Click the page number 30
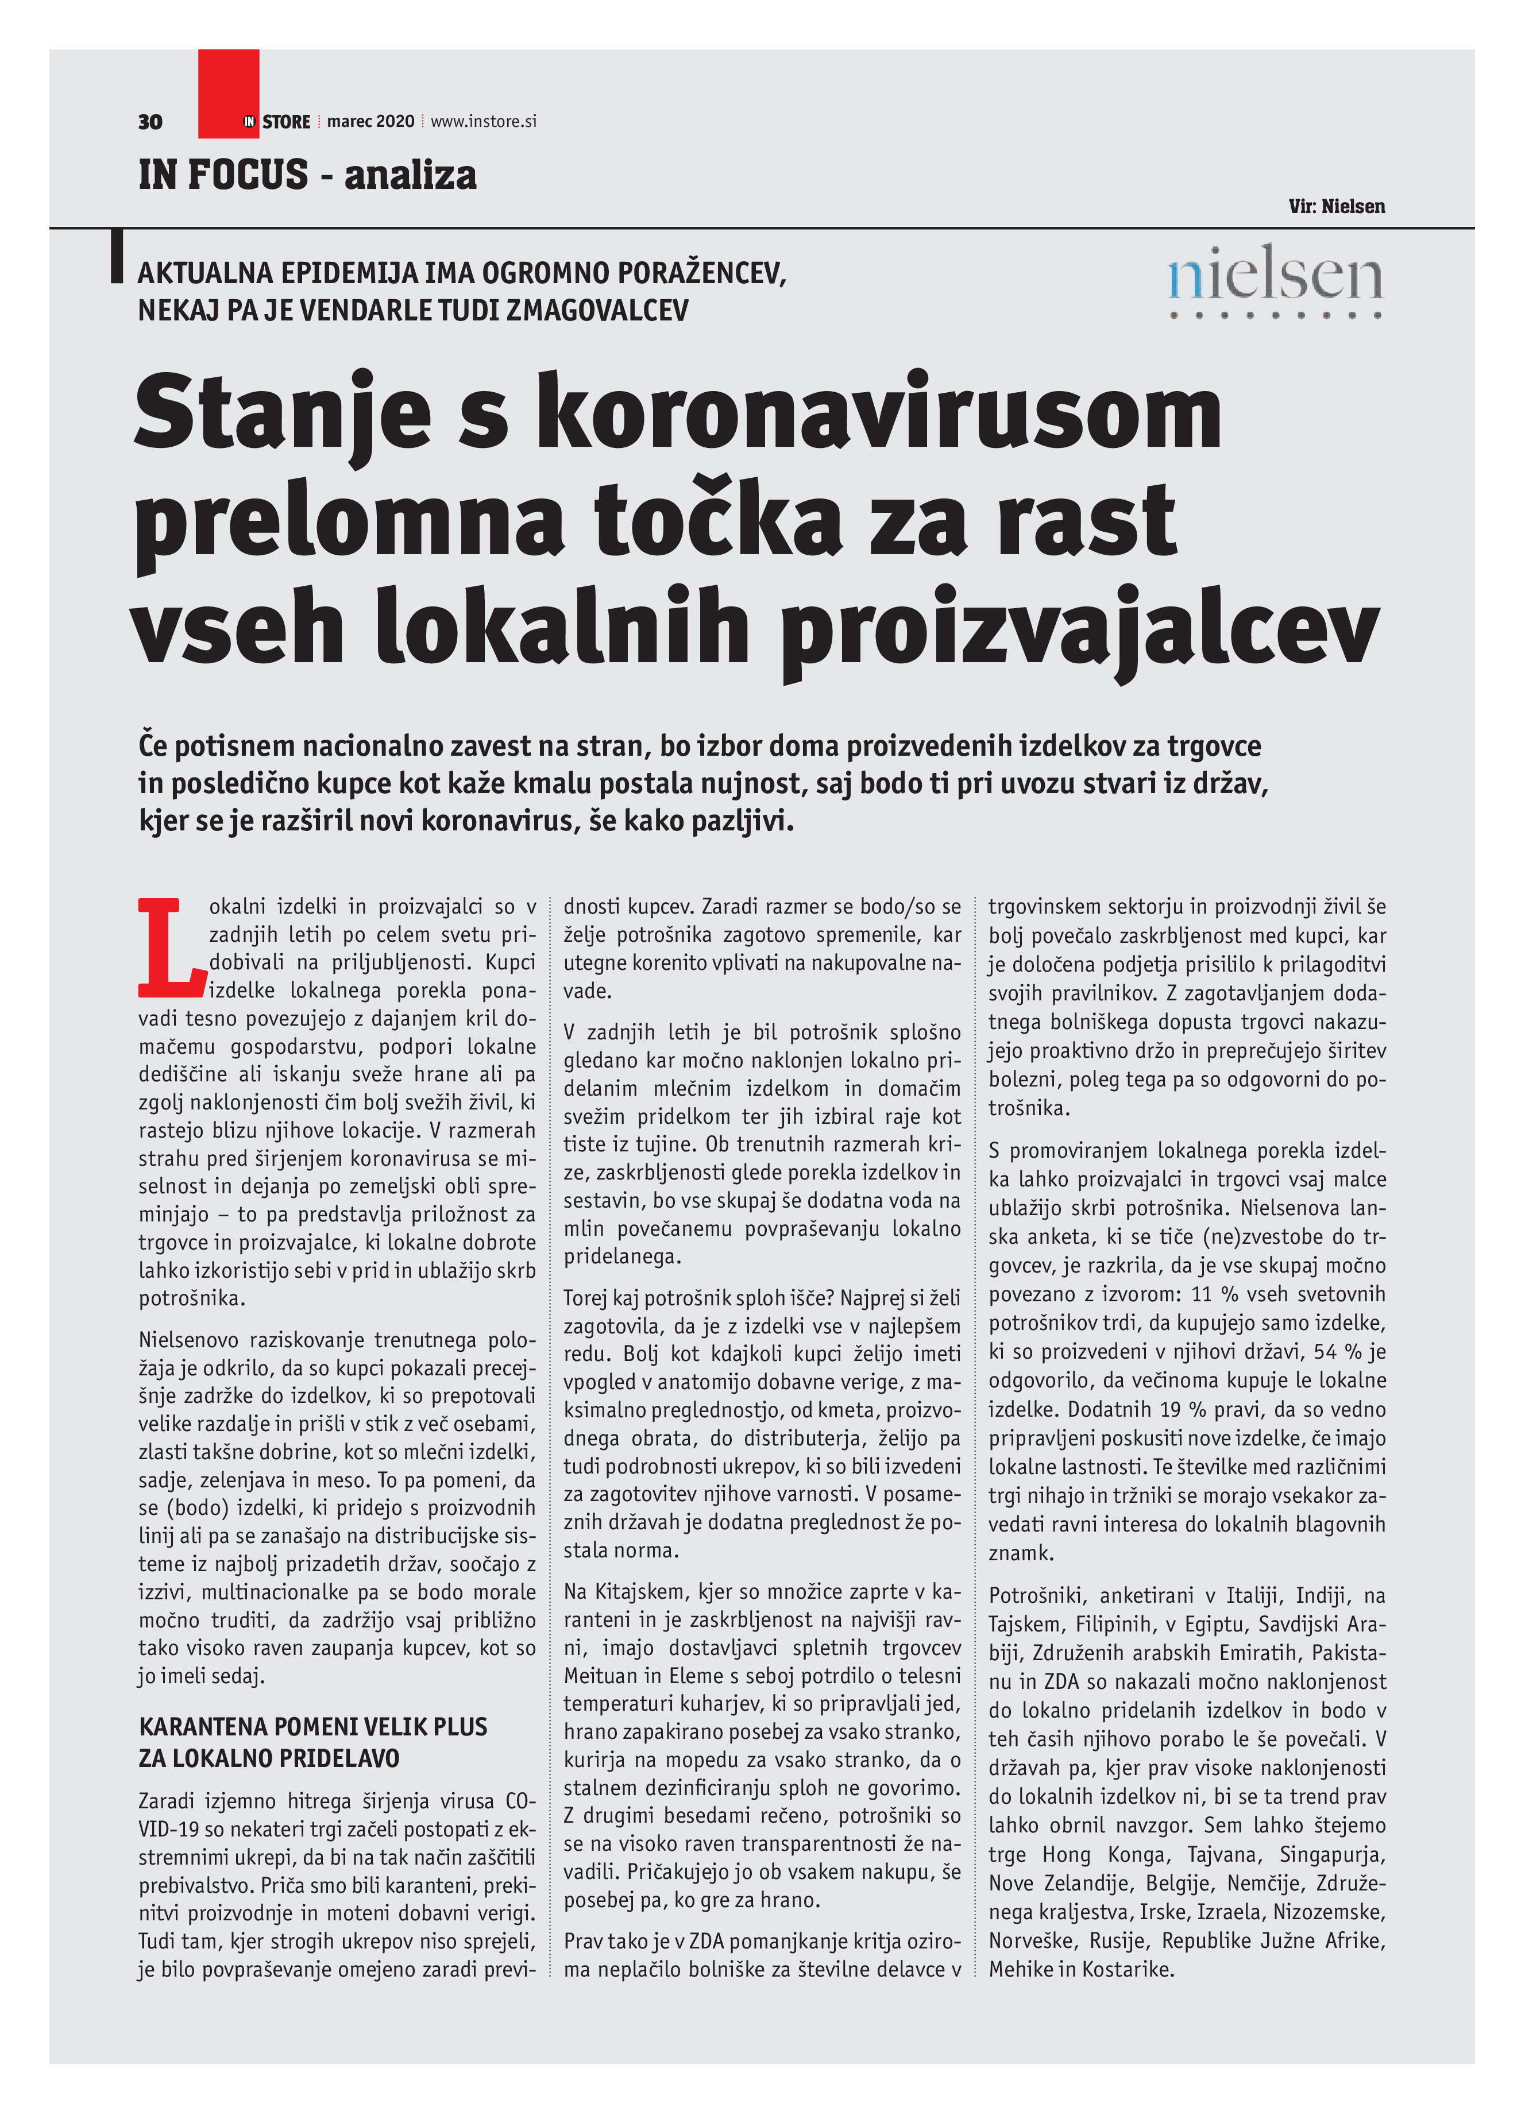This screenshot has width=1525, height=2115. pyautogui.click(x=149, y=122)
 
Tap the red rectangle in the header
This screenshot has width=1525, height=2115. pyautogui.click(x=227, y=93)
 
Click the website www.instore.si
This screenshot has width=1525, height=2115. pyautogui.click(x=483, y=121)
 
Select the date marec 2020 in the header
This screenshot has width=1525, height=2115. pyautogui.click(x=370, y=121)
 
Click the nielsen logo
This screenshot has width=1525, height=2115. pyautogui.click(x=1274, y=280)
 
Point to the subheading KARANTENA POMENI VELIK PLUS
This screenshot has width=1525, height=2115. pyautogui.click(x=312, y=1726)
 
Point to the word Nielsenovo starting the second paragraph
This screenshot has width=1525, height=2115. pyautogui.click(x=188, y=1340)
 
